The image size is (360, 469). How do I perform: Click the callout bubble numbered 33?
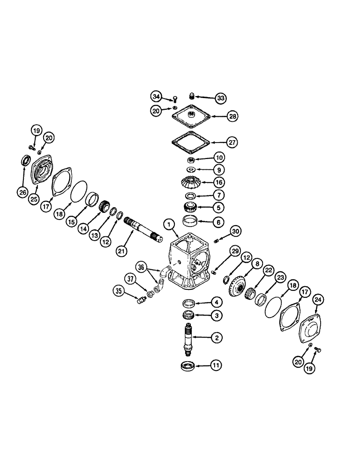tap(220, 98)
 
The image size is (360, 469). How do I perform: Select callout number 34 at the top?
tap(156, 97)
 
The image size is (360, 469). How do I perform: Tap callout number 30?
tap(235, 230)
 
